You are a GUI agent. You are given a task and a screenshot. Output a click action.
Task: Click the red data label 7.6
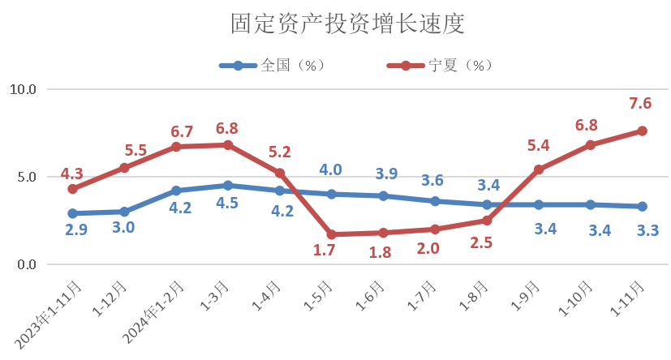click(640, 103)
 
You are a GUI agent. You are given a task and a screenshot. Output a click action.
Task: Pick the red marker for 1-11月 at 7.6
click(642, 131)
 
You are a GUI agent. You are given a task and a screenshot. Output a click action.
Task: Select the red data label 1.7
click(325, 251)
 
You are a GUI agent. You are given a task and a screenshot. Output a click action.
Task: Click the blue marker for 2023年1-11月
click(72, 213)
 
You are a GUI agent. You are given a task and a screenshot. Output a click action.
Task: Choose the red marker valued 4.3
click(72, 189)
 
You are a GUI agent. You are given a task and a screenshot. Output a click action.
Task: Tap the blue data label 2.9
click(76, 230)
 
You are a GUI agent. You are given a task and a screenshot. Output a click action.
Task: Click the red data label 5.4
click(539, 146)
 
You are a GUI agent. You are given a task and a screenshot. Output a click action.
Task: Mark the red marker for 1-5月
click(331, 234)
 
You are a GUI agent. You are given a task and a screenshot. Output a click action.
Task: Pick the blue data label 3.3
click(647, 230)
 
